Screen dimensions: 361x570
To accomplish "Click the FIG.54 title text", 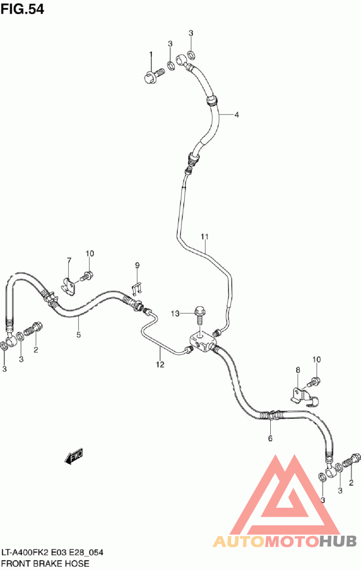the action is pyautogui.click(x=23, y=9).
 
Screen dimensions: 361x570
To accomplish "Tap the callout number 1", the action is pyautogui.click(x=151, y=55).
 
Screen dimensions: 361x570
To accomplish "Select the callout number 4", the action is pyautogui.click(x=236, y=115).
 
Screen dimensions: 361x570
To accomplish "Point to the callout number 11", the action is pyautogui.click(x=204, y=236).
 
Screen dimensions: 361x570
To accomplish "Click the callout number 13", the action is pyautogui.click(x=175, y=314).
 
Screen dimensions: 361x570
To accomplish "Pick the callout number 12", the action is pyautogui.click(x=160, y=364).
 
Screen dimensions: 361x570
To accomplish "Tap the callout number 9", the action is pyautogui.click(x=137, y=266).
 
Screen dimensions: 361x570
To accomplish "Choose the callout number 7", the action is pyautogui.click(x=69, y=260).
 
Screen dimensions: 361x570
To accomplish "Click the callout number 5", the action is pyautogui.click(x=79, y=334).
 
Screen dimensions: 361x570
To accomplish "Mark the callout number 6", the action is pyautogui.click(x=270, y=438).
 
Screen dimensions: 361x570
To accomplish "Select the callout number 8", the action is pyautogui.click(x=298, y=370).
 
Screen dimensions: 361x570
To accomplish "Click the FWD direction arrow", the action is pyautogui.click(x=74, y=457).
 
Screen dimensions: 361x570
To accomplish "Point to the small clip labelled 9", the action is pyautogui.click(x=137, y=289).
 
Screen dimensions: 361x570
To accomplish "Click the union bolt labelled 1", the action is pyautogui.click(x=154, y=75).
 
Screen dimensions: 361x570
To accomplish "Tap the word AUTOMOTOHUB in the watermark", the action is pyautogui.click(x=285, y=541).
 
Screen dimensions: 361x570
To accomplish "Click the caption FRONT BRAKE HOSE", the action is pyautogui.click(x=46, y=563).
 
